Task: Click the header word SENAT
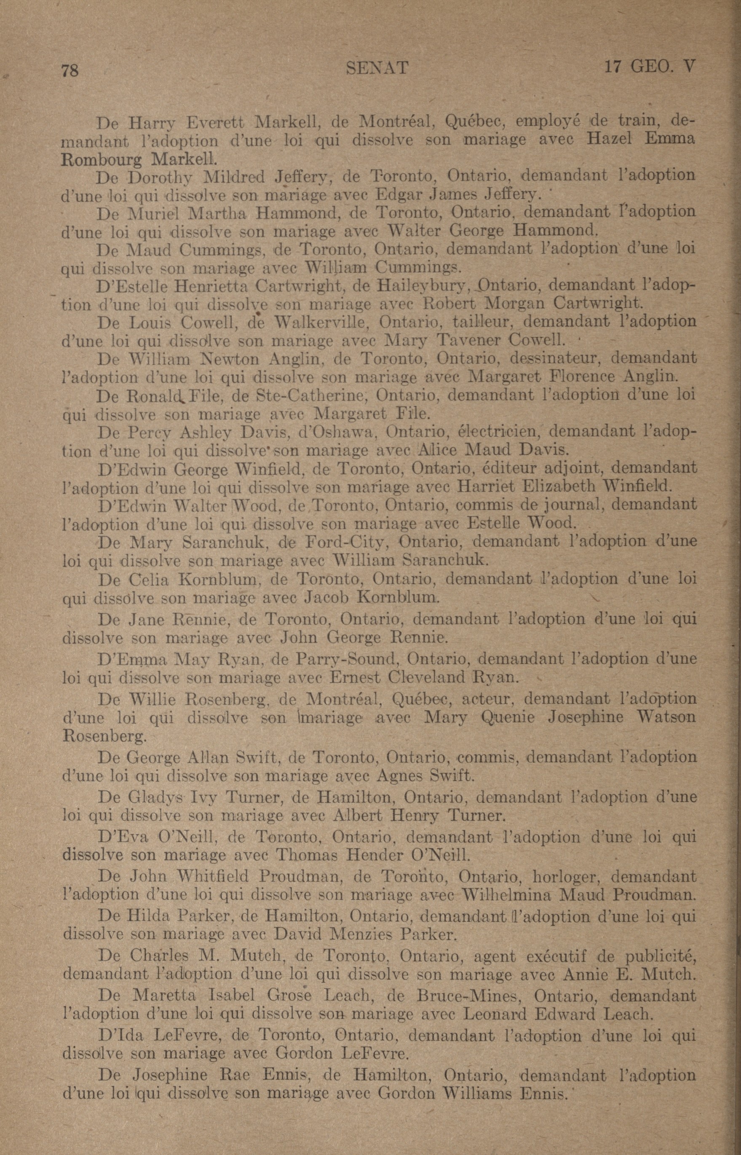coord(377,68)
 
